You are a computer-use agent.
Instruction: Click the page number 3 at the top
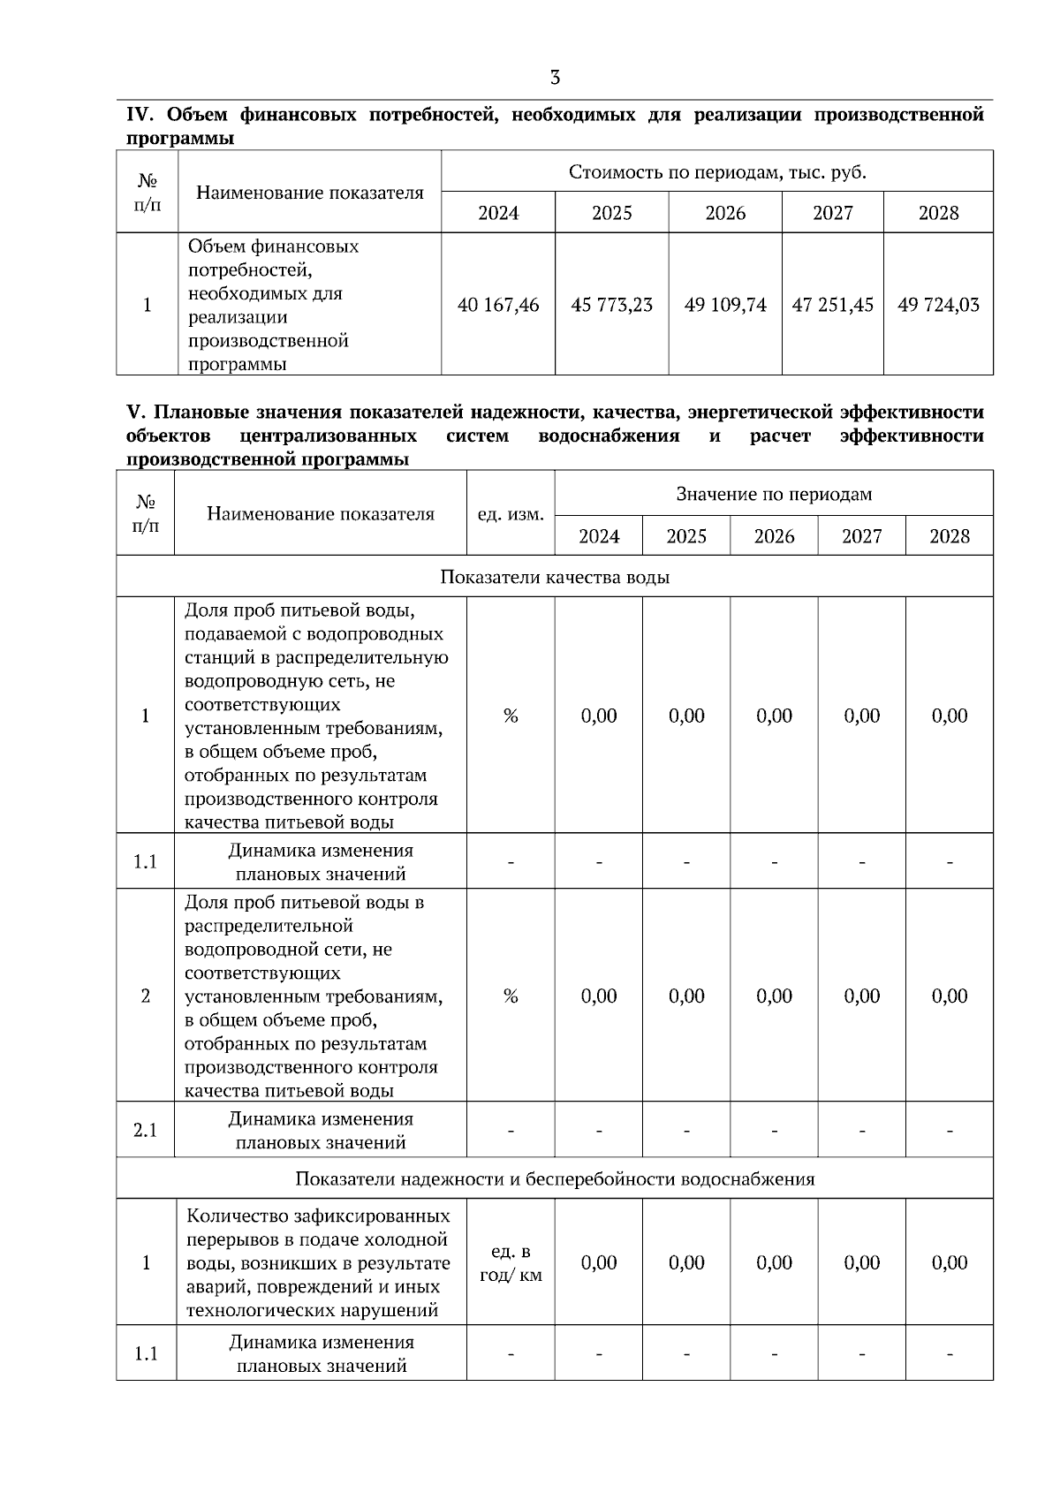(555, 78)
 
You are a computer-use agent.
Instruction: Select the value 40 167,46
(498, 305)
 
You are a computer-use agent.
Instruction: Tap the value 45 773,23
(611, 305)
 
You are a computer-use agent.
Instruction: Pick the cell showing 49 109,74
(725, 305)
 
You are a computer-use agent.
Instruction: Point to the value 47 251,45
(832, 305)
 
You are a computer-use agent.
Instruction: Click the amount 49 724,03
(938, 305)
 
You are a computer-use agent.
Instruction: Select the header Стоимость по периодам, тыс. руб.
(717, 171)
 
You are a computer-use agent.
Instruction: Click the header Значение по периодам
(774, 494)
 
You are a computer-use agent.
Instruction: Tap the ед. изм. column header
(511, 514)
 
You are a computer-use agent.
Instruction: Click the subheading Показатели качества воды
(555, 577)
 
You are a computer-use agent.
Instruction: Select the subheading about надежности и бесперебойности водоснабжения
(555, 1178)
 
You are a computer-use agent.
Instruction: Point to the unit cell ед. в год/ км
(511, 1263)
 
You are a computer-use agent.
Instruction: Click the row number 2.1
(146, 1130)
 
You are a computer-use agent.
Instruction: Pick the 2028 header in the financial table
(938, 213)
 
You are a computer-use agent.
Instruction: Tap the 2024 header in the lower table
(599, 536)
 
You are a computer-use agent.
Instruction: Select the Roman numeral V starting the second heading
(134, 413)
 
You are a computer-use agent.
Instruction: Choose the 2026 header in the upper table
(725, 213)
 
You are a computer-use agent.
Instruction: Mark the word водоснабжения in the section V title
(609, 436)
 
